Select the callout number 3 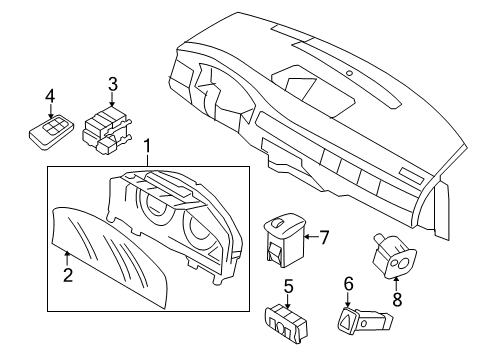coord(113,84)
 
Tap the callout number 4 coord(49,97)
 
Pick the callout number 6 coord(349,284)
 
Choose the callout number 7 coord(323,236)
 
